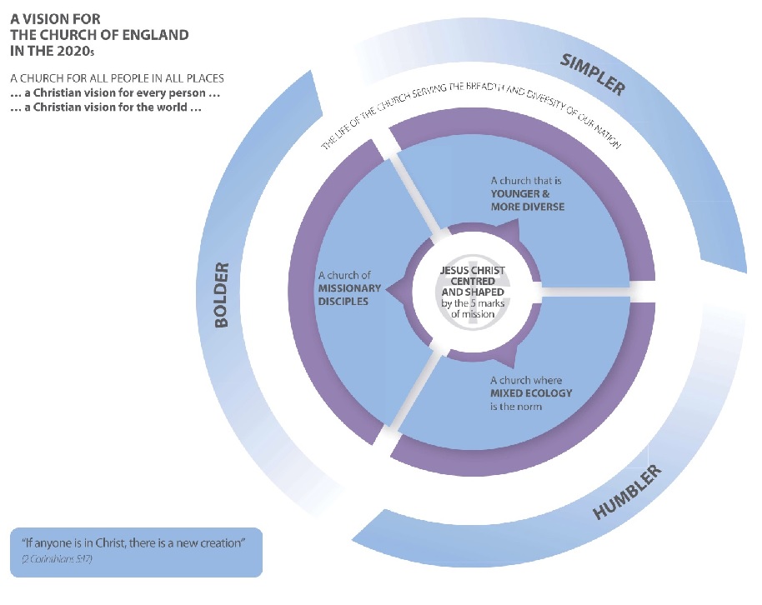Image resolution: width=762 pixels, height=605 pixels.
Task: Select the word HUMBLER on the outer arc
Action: pos(627,493)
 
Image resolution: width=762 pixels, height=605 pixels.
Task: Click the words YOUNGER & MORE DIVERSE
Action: pos(527,200)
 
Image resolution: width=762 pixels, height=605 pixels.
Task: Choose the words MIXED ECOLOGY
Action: pos(531,393)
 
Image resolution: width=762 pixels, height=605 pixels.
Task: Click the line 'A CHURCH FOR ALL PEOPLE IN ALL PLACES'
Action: pos(118,78)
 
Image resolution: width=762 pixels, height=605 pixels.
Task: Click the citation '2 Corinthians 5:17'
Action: pos(58,557)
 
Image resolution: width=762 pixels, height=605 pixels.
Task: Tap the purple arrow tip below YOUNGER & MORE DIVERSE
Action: pos(510,232)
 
